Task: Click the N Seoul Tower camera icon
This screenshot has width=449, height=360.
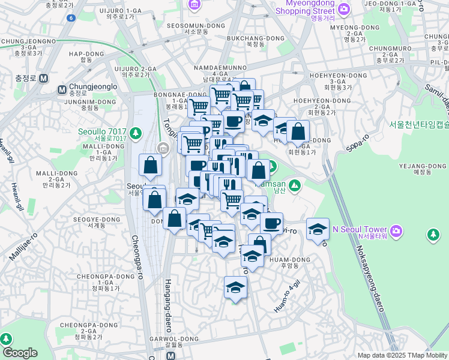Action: click(x=396, y=230)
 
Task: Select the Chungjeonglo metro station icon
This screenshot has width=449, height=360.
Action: click(x=61, y=89)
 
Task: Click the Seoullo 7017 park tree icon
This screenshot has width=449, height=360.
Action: click(x=136, y=132)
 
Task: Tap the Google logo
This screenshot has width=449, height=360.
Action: click(x=20, y=353)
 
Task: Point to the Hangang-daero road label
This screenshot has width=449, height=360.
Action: click(x=168, y=306)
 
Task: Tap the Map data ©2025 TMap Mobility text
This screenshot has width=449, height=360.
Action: click(x=402, y=355)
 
